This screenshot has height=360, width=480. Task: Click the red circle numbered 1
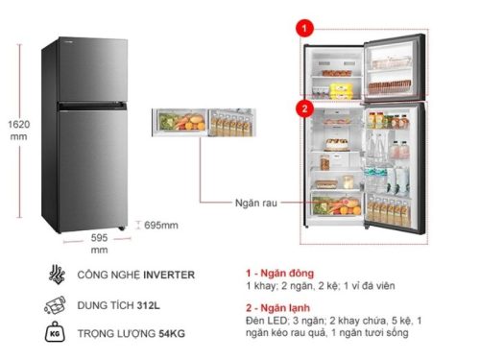pyautogui.click(x=304, y=31)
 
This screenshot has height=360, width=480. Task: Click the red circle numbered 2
pyautogui.click(x=304, y=108)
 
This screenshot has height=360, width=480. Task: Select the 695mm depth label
pyautogui.click(x=160, y=225)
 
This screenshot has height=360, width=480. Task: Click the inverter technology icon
pyautogui.click(x=54, y=275)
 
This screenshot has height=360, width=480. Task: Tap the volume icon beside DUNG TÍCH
pyautogui.click(x=54, y=306)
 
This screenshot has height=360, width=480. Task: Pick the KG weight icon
pyautogui.click(x=54, y=335)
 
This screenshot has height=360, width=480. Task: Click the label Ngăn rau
pyautogui.click(x=253, y=203)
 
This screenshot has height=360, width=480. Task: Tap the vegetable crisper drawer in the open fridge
pyautogui.click(x=336, y=203)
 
